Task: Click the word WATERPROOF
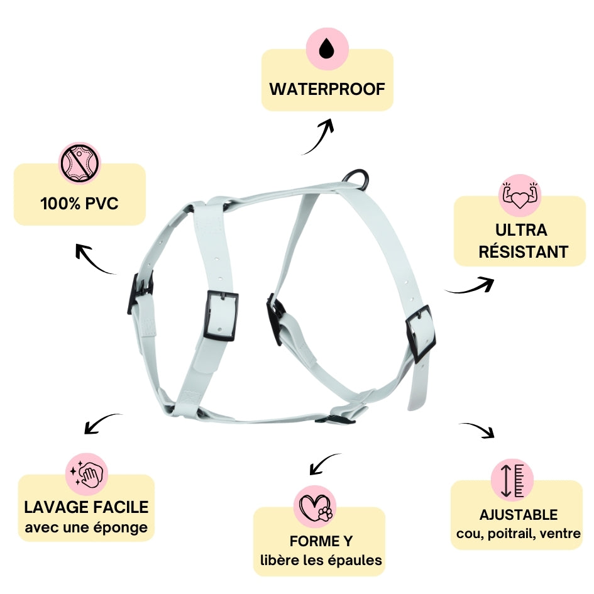pyautogui.click(x=327, y=89)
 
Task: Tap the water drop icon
pyautogui.click(x=327, y=48)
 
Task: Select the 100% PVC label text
pyautogui.click(x=79, y=204)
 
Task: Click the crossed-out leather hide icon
pyautogui.click(x=80, y=163)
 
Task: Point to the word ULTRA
pyautogui.click(x=521, y=230)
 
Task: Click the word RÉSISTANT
pyautogui.click(x=523, y=252)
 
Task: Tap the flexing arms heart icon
pyautogui.click(x=520, y=195)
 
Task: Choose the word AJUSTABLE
pyautogui.click(x=518, y=515)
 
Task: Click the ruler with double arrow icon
pyautogui.click(x=512, y=480)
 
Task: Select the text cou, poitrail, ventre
pyautogui.click(x=518, y=534)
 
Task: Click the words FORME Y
pyautogui.click(x=321, y=541)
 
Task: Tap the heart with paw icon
pyautogui.click(x=315, y=507)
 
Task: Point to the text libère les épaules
pyautogui.click(x=321, y=560)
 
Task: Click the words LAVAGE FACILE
pyautogui.click(x=86, y=507)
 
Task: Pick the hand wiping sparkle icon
pyautogui.click(x=87, y=473)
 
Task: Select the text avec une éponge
pyautogui.click(x=86, y=527)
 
